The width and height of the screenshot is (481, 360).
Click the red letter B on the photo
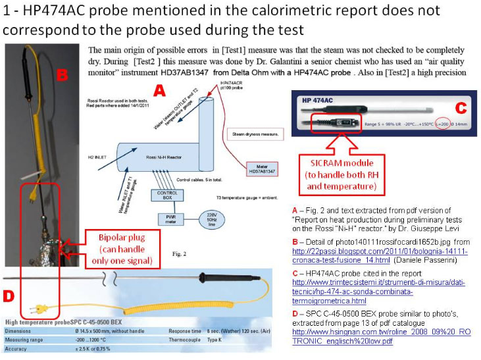[63, 75]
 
